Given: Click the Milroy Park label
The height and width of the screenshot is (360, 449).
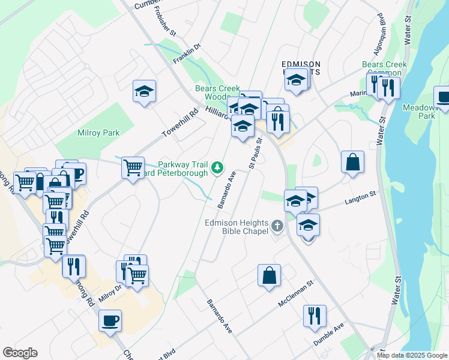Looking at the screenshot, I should pyautogui.click(x=98, y=133).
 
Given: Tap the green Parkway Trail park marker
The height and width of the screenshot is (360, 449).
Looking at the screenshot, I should pyautogui.click(x=219, y=167).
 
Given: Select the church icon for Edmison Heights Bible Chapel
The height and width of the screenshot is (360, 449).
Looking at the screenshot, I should pyautogui.click(x=277, y=226).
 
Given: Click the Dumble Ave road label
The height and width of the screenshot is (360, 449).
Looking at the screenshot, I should pyautogui.click(x=328, y=335).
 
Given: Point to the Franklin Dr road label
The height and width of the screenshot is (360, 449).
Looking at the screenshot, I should pyautogui.click(x=186, y=55).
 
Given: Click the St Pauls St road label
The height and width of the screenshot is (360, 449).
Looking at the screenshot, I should pyautogui.click(x=255, y=154).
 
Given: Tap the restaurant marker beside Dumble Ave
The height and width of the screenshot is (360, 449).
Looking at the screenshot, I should pyautogui.click(x=315, y=316).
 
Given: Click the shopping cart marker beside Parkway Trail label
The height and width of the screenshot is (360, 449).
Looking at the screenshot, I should pyautogui.click(x=133, y=167).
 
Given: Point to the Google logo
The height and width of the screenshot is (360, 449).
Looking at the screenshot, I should pyautogui.click(x=20, y=353).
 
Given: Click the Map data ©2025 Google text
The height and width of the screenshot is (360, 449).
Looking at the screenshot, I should pyautogui.click(x=412, y=355).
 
